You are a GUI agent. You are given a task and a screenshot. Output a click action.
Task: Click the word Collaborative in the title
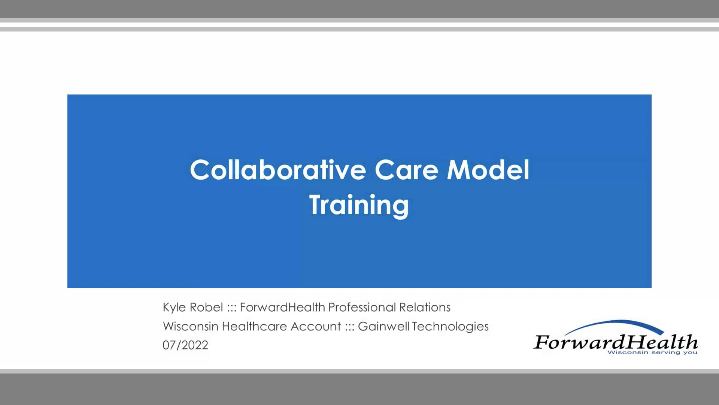[x=278, y=170]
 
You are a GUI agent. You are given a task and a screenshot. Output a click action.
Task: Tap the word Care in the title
[x=406, y=170]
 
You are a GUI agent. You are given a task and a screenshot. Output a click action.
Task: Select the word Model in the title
[x=488, y=170]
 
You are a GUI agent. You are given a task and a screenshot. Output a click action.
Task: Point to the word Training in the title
[x=359, y=205]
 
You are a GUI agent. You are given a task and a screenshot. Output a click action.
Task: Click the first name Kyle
[x=174, y=307]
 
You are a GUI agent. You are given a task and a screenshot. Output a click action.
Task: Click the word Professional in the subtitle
[x=362, y=307]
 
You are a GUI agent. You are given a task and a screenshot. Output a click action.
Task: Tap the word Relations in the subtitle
[x=425, y=307]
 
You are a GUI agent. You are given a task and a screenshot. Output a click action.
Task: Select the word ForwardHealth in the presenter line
[x=282, y=307]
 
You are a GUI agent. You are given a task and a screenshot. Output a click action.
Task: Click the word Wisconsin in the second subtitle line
[x=191, y=326]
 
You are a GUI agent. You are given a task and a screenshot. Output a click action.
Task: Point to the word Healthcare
[x=254, y=326]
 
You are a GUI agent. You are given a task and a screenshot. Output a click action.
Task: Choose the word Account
[x=316, y=326]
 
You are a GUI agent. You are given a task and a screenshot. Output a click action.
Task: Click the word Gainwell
[x=383, y=326]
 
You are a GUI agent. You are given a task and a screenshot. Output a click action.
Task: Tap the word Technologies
[x=450, y=326]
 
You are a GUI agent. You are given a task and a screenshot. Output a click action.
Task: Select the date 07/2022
[x=185, y=345]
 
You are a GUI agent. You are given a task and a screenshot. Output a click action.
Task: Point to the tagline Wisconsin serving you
[x=652, y=352]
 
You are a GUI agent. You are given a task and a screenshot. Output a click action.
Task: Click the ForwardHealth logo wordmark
[x=616, y=342]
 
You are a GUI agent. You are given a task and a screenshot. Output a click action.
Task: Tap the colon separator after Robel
[x=231, y=308]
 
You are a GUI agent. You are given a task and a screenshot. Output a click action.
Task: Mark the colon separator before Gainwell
[x=350, y=327]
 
